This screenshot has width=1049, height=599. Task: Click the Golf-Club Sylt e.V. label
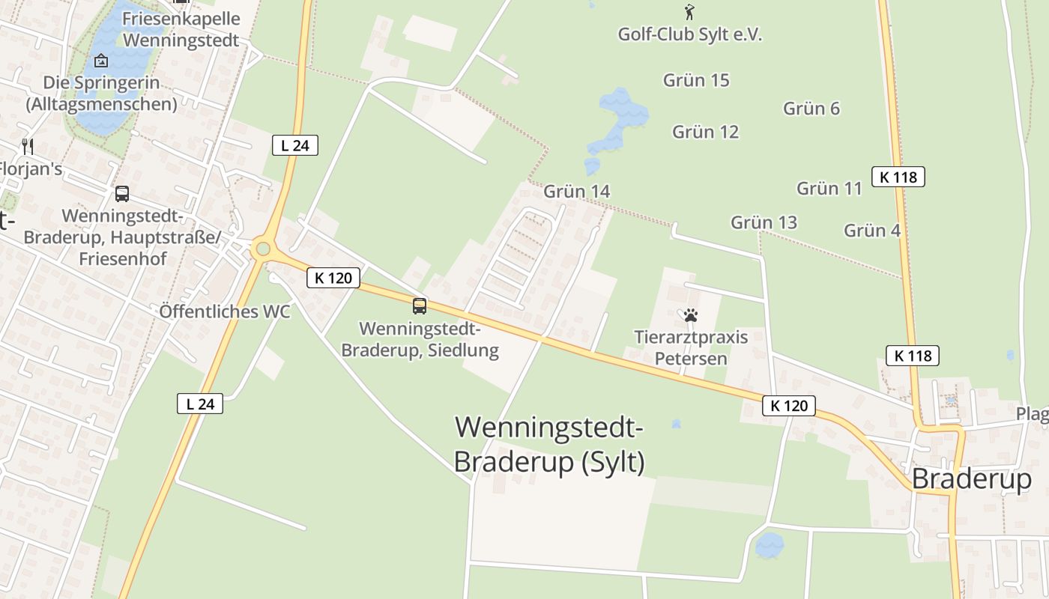pos(689,34)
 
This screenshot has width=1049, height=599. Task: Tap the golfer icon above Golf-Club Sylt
pos(689,12)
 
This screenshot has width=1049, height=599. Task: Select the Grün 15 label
pos(696,80)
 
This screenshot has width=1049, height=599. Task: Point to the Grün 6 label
pos(811,109)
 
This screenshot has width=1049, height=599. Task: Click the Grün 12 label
pos(705,132)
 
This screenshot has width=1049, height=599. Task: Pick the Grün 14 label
pos(576,192)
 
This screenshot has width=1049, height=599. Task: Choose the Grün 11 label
pos(829,188)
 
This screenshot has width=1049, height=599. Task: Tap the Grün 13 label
pos(764,222)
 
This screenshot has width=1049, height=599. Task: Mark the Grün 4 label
pos(872,231)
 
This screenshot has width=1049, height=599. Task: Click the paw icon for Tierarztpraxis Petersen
pos(691,315)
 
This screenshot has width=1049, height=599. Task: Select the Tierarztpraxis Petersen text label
pos(691,347)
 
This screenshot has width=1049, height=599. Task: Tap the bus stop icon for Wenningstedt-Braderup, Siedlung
pos(420,305)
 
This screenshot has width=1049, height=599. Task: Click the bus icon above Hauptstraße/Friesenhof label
pos(122,194)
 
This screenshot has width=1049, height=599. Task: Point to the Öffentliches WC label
pos(225,311)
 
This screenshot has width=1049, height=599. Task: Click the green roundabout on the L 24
pos(262,249)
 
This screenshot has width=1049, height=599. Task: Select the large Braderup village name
pos(971,478)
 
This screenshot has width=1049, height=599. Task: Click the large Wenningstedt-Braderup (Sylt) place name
pos(549,445)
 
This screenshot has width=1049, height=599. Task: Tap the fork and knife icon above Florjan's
pos(28,146)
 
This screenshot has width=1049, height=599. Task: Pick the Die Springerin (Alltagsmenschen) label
pos(101,93)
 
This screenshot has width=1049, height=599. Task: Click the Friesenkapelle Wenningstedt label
pos(181,29)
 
